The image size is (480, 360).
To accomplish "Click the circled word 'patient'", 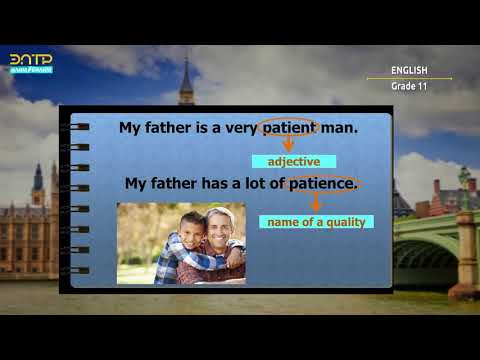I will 289,128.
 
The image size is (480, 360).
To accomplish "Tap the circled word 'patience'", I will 322,184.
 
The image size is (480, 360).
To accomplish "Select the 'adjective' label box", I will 293,161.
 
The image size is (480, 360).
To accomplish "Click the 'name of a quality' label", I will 316,222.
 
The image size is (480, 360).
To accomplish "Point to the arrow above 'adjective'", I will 289,145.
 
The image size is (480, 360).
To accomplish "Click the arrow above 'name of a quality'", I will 316,203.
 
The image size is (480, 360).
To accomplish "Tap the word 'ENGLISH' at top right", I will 409,70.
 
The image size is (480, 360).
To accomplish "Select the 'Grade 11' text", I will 409,87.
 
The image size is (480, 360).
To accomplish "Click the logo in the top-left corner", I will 31,64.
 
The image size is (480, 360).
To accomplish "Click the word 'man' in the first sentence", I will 341,128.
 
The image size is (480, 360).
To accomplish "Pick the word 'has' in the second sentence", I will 216,184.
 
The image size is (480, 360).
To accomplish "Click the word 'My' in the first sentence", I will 131,128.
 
